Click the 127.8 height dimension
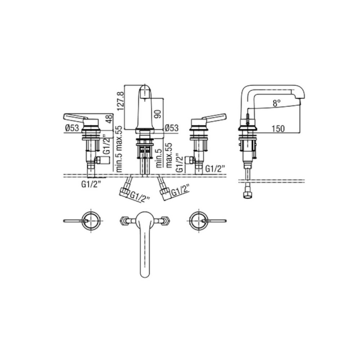point(121,101)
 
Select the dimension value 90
point(158,114)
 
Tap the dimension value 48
point(109,119)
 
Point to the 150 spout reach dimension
point(278,129)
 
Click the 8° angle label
point(276,103)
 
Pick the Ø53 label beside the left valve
point(72,128)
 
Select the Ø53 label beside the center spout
point(171,128)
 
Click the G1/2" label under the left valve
point(91,184)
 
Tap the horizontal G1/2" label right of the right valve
point(215,169)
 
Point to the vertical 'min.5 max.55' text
point(119,149)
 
